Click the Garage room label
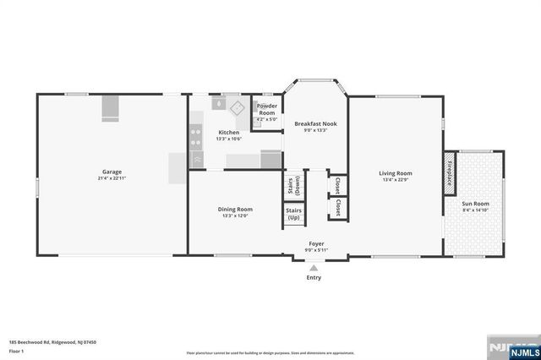click(112, 172)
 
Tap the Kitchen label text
click(229, 133)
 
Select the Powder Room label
click(267, 109)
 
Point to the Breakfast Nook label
click(315, 124)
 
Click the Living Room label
click(396, 173)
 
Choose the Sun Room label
click(475, 204)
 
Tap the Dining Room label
click(237, 209)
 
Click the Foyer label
click(315, 243)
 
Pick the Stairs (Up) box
click(293, 214)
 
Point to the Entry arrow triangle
click(314, 267)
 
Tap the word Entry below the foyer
click(314, 277)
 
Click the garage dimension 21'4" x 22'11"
click(112, 178)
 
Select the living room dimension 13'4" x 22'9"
click(396, 179)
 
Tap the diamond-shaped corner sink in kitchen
click(238, 106)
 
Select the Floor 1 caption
click(16, 350)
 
